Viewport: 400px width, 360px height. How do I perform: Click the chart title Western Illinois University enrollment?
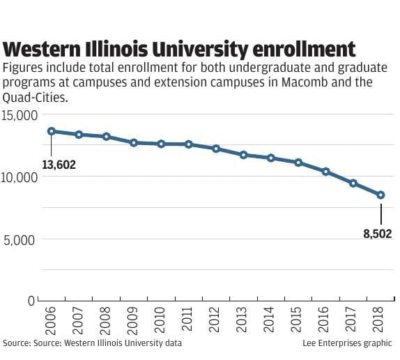[x=180, y=50]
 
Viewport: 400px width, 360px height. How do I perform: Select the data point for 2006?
[x=52, y=131]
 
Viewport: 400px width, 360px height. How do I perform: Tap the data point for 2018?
[x=380, y=195]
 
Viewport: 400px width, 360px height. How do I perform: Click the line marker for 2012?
[x=216, y=149]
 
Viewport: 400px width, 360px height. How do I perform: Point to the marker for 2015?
[x=298, y=163]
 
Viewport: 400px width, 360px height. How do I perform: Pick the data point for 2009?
[x=134, y=142]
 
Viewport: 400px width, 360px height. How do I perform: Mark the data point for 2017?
[x=353, y=183]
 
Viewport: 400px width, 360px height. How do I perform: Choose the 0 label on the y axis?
[x=31, y=301]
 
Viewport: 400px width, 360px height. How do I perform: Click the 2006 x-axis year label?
[x=51, y=320]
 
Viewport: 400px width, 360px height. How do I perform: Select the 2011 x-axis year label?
[x=188, y=320]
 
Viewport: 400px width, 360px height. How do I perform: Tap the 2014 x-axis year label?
[x=270, y=320]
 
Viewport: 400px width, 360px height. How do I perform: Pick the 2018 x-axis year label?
[x=380, y=320]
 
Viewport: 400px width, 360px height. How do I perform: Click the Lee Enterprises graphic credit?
[x=348, y=343]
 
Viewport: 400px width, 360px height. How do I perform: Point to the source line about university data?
[x=93, y=343]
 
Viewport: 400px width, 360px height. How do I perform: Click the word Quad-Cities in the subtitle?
[x=36, y=98]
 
